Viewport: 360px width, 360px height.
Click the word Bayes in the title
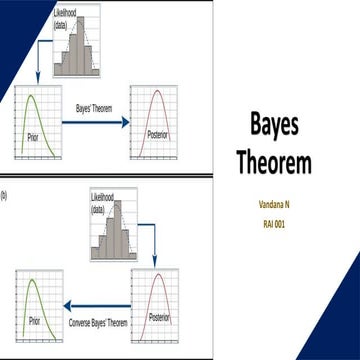click(x=274, y=126)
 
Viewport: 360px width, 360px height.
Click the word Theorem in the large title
click(x=274, y=161)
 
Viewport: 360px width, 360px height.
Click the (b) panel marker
click(x=4, y=195)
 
